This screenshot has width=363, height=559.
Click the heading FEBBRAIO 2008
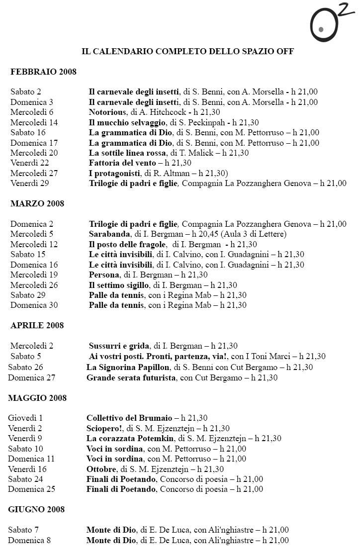point(43,72)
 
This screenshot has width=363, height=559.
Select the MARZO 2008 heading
point(37,203)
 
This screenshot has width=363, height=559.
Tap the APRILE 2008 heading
point(37,325)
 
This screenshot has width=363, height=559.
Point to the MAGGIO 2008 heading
point(37,398)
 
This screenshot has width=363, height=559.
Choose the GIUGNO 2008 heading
point(36,509)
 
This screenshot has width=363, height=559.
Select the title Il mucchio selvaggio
point(124,122)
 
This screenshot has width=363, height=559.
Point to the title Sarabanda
point(109,234)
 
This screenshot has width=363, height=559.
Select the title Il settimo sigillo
point(119,285)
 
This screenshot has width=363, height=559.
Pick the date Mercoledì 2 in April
point(32,346)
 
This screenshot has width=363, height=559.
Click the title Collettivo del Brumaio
point(129,418)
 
